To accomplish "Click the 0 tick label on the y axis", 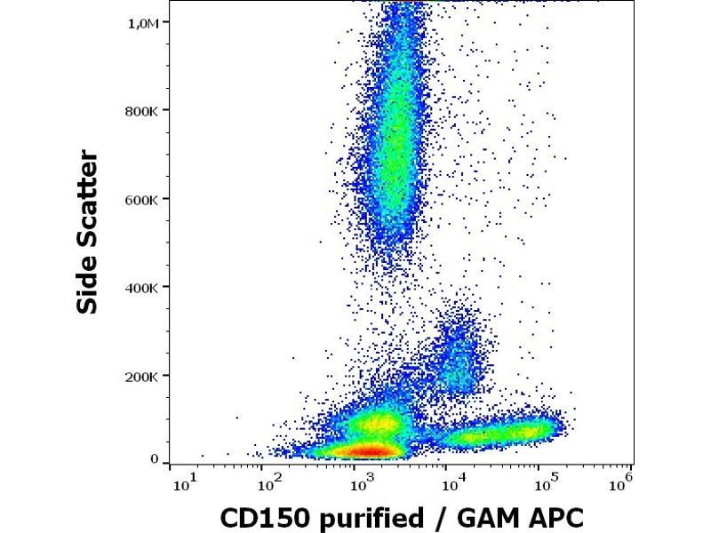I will pos(154,460).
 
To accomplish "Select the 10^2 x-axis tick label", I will pos(269,483).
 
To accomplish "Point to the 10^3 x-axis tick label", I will pos(360,483).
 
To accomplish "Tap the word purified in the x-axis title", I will pos(363,516).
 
